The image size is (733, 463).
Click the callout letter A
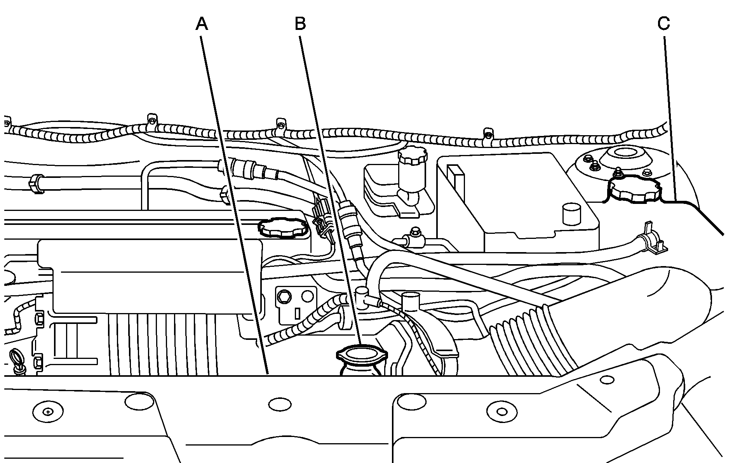point(202,24)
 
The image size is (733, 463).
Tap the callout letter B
point(300,24)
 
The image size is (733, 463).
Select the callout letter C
point(664,24)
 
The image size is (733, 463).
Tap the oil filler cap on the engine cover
point(281,227)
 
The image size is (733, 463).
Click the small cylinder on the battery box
point(571,214)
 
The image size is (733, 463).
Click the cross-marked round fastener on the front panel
point(47,411)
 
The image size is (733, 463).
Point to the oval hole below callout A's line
point(279,404)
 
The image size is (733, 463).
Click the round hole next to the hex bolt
point(308,297)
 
